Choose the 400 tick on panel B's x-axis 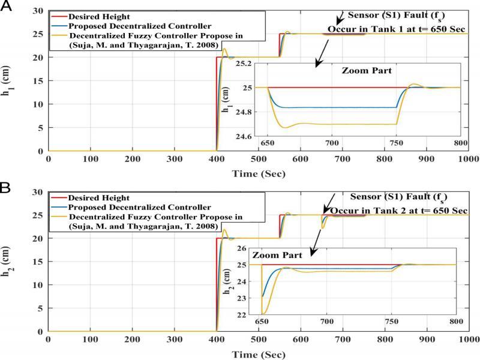click(x=216, y=339)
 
